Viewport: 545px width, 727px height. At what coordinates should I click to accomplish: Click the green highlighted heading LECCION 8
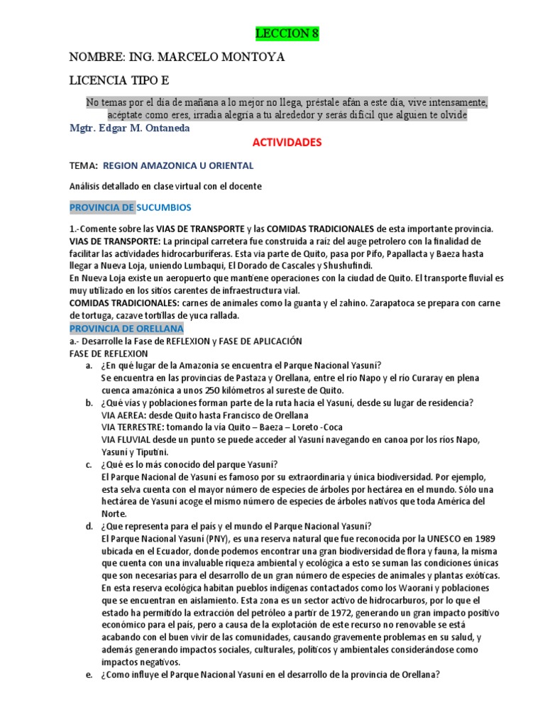282,34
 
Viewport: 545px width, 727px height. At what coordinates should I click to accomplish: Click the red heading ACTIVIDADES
287,142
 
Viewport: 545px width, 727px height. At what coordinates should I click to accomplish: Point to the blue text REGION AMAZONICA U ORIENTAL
178,165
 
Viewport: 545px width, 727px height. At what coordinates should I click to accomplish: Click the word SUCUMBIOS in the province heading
163,207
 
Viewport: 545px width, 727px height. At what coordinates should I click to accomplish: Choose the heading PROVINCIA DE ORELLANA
126,329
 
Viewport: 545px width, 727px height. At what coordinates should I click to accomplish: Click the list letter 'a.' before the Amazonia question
89,366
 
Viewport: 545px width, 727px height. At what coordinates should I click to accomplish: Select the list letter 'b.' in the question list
89,403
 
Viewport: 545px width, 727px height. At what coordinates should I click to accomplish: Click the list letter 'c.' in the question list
89,465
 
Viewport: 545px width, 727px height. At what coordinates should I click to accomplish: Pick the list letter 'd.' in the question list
89,526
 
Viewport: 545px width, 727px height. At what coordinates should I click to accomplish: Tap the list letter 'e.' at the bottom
89,675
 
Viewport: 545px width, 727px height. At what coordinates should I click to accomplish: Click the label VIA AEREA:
124,415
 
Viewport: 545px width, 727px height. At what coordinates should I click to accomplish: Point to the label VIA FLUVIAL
128,439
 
